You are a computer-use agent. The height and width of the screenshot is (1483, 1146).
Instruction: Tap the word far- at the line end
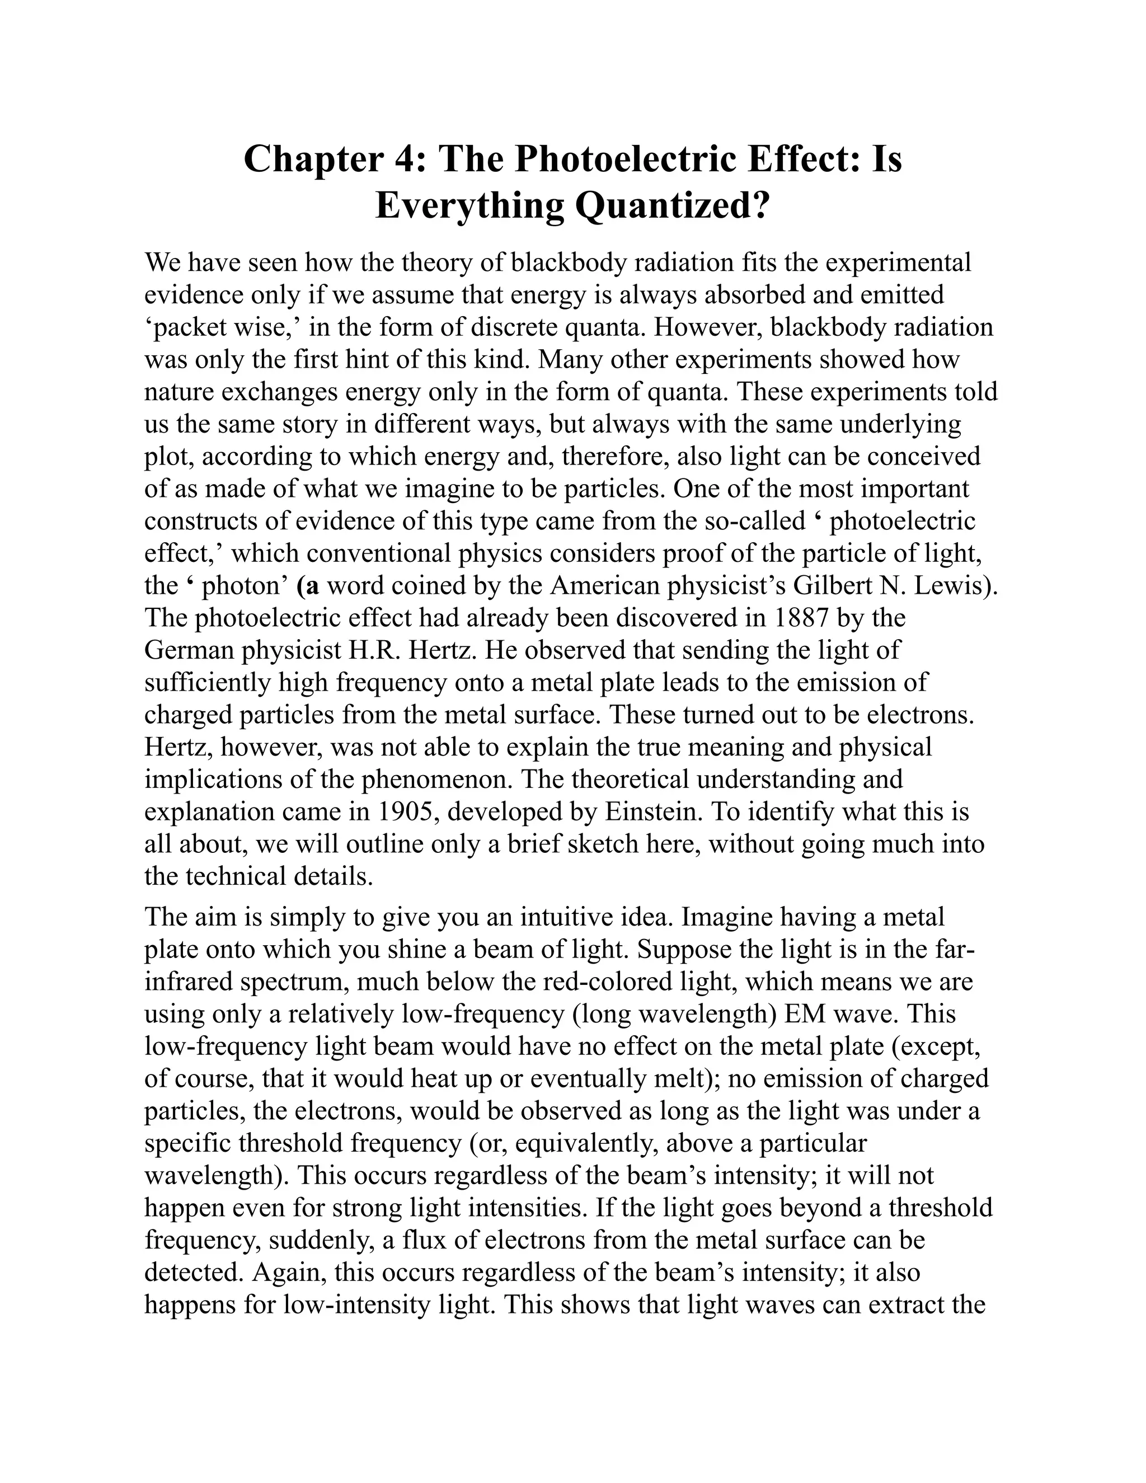pyautogui.click(x=955, y=949)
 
